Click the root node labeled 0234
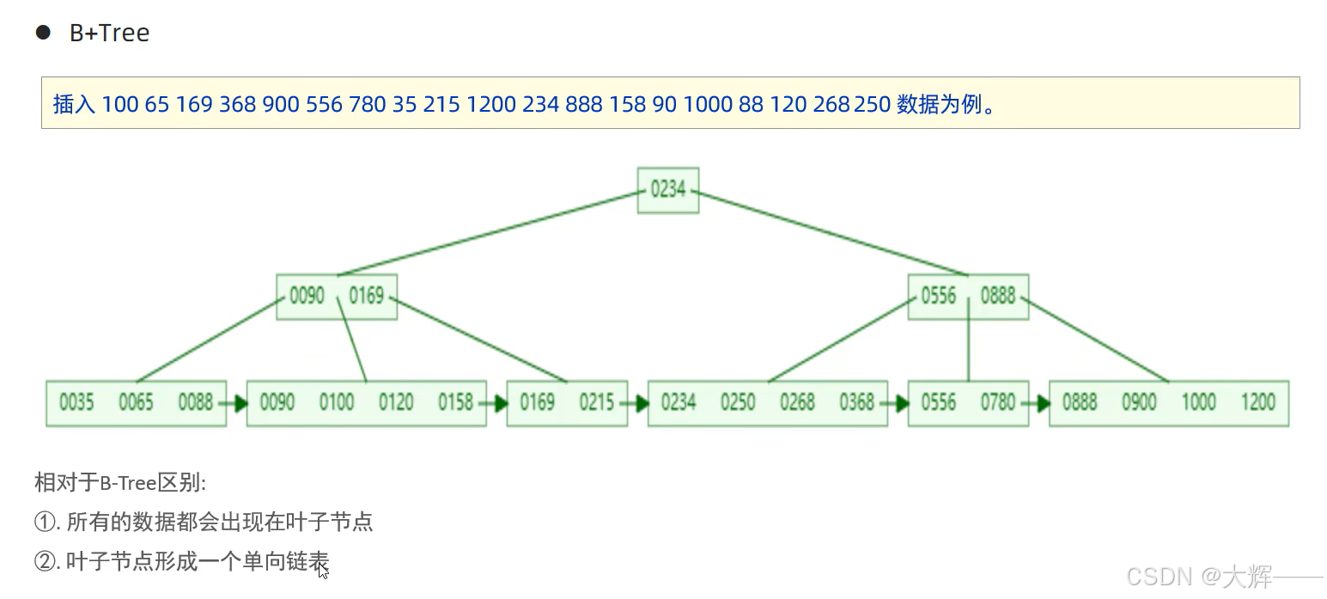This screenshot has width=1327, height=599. pyautogui.click(x=667, y=190)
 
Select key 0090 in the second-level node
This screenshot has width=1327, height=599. pyautogui.click(x=307, y=296)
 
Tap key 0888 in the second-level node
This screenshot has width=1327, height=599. pyautogui.click(x=997, y=296)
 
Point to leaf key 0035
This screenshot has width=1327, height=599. pyautogui.click(x=76, y=402)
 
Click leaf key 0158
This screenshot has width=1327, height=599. pyautogui.click(x=455, y=402)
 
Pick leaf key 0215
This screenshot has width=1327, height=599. pyautogui.click(x=596, y=402)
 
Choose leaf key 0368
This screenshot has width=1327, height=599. pyautogui.click(x=856, y=402)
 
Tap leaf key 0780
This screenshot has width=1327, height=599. pyautogui.click(x=997, y=402)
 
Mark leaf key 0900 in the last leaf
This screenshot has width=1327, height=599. pyautogui.click(x=1139, y=402)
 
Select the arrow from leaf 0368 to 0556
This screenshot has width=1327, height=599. pyautogui.click(x=898, y=403)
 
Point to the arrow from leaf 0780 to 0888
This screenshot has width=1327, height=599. pyautogui.click(x=1038, y=403)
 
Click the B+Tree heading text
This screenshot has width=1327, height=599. pyautogui.click(x=109, y=34)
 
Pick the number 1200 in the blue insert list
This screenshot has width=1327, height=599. pyautogui.click(x=490, y=105)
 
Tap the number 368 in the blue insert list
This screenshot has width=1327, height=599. pyautogui.click(x=237, y=105)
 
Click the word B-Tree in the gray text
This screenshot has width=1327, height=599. pyautogui.click(x=128, y=483)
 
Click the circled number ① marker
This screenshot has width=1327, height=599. pyautogui.click(x=45, y=522)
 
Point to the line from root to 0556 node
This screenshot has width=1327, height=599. pyautogui.click(x=833, y=233)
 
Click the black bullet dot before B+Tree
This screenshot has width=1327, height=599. pyautogui.click(x=43, y=33)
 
